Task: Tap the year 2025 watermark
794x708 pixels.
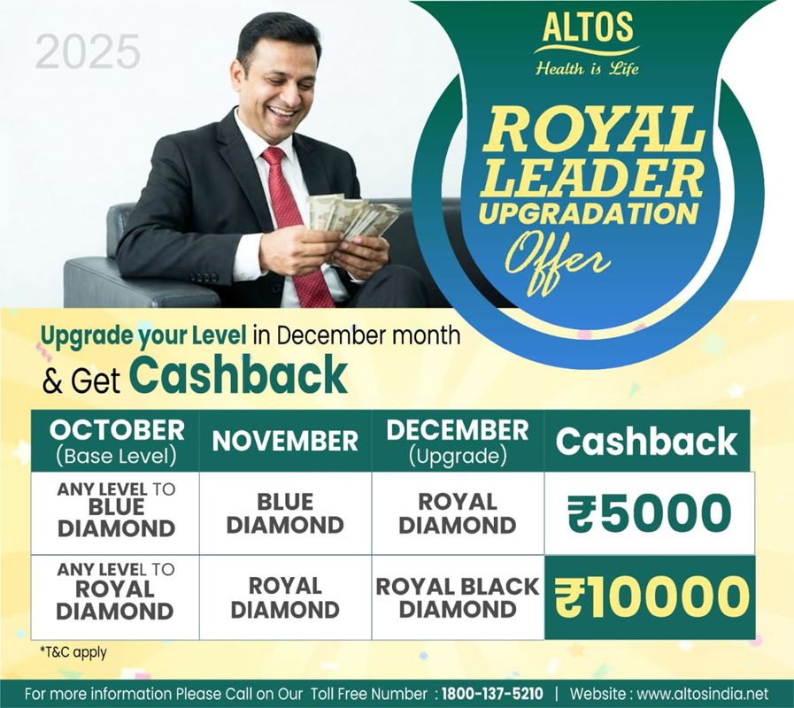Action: tap(88, 51)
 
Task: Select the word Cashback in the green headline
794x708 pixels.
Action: tap(238, 374)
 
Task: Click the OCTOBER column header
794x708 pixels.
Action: tap(116, 441)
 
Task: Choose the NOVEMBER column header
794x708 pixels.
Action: tap(286, 441)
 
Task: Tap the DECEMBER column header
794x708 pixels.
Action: tap(458, 441)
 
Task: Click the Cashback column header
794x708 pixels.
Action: tap(647, 441)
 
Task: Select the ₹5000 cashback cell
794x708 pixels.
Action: tap(649, 513)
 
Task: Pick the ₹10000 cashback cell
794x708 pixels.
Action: tap(651, 597)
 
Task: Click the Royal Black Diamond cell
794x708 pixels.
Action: tap(458, 597)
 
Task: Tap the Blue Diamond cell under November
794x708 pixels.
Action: tap(286, 513)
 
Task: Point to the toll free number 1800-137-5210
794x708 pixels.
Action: tap(492, 693)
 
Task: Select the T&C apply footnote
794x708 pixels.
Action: tap(73, 652)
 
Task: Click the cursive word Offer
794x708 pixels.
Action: tap(557, 261)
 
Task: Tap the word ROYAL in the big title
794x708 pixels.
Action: tap(593, 131)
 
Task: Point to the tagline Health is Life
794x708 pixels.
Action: tap(588, 68)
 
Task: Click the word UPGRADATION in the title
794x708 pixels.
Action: tap(589, 213)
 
